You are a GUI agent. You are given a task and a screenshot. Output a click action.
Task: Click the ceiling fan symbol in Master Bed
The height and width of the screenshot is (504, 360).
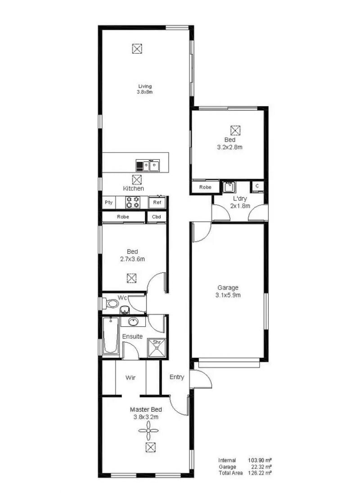[x=148, y=431]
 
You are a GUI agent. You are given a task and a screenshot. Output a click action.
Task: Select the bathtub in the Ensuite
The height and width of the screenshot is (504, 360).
[x=110, y=335]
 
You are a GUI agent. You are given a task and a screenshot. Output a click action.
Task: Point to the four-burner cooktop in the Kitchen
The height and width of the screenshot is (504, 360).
[x=132, y=202]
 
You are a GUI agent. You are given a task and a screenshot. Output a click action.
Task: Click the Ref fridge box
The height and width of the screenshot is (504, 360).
[x=157, y=202]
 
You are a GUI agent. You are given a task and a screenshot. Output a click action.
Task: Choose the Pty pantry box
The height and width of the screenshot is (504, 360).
[x=108, y=202]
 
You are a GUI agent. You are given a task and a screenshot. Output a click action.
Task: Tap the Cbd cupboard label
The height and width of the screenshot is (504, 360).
[x=156, y=216]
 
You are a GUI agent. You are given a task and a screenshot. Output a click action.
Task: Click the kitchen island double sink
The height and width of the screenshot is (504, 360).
[x=151, y=166]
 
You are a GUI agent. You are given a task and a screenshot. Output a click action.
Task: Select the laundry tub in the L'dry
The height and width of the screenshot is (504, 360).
[x=229, y=187]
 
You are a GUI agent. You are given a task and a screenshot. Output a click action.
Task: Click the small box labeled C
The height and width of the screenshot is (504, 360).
[x=257, y=186]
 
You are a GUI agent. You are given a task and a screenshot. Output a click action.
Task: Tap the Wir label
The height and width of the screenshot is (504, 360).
[x=130, y=378]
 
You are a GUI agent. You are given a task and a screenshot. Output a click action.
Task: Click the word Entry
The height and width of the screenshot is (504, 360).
[x=177, y=378]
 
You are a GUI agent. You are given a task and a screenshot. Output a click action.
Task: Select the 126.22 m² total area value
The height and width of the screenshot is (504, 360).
[x=260, y=473]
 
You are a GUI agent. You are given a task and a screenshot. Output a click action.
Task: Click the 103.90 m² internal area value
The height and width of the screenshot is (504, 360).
[x=260, y=460]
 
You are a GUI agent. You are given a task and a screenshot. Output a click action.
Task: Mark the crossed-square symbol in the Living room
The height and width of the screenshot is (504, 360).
[x=137, y=49]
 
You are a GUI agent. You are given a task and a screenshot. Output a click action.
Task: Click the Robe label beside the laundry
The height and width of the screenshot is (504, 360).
[x=205, y=187]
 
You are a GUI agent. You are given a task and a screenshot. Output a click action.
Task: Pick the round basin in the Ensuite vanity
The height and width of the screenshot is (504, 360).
[x=133, y=321]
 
